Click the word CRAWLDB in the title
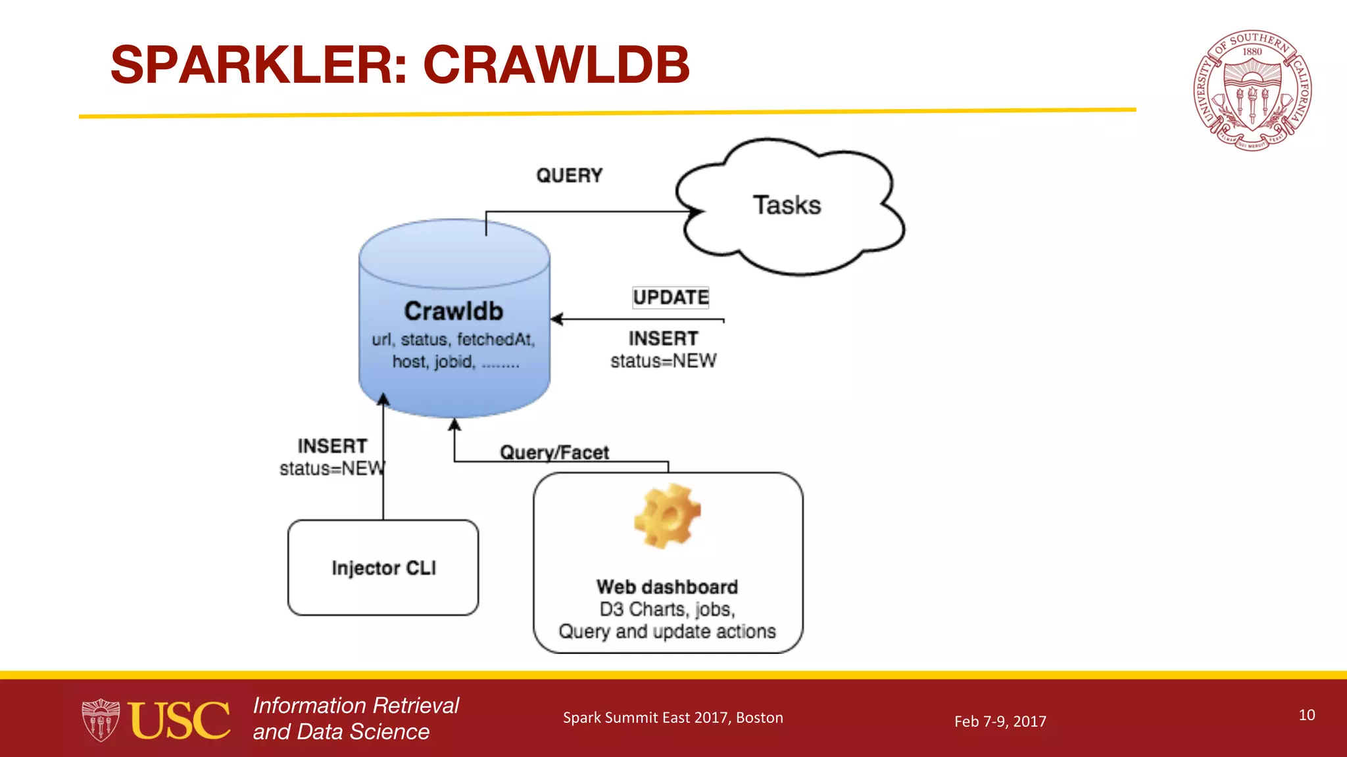[x=556, y=64]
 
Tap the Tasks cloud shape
[x=787, y=206]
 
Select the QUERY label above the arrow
[x=569, y=175]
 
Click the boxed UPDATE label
[x=670, y=297]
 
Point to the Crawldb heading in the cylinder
[x=453, y=311]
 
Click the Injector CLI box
[x=383, y=568]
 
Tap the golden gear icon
[x=667, y=516]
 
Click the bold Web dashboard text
[x=667, y=586]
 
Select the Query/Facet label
[x=554, y=452]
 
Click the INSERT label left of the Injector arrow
[x=332, y=446]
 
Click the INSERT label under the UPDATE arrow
[x=663, y=338]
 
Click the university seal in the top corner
[x=1252, y=90]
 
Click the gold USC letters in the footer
[x=179, y=720]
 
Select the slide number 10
[x=1306, y=715]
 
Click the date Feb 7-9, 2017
[x=1000, y=721]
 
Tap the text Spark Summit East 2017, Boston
[x=673, y=718]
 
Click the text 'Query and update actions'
[x=667, y=631]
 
